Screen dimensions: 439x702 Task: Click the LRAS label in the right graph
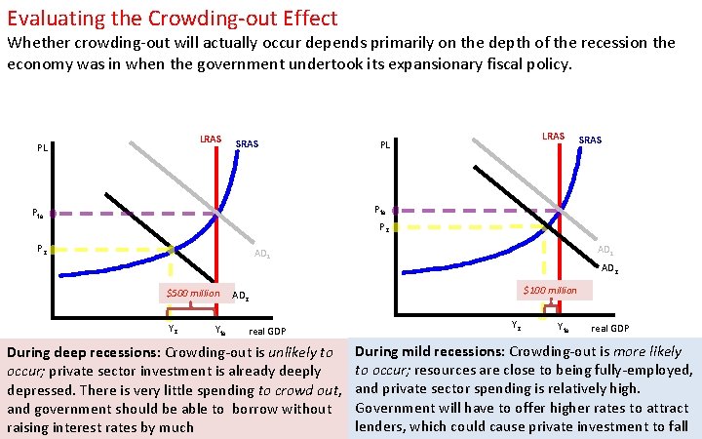[x=553, y=135]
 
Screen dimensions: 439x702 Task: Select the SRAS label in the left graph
[x=248, y=143]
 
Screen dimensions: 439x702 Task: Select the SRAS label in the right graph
[x=590, y=140]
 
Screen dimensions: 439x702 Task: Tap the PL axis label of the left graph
[x=43, y=148]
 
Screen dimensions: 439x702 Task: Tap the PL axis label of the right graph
[x=385, y=144]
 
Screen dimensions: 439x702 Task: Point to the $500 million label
[x=192, y=293]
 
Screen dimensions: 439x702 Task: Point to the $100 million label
[x=550, y=290]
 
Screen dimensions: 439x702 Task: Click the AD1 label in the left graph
[x=262, y=254]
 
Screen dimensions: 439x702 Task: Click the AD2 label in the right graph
[x=609, y=268]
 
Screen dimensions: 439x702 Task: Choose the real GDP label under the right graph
[x=610, y=329]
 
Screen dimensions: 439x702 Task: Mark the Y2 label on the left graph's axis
[x=173, y=329]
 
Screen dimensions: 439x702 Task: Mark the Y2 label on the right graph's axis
[x=517, y=324]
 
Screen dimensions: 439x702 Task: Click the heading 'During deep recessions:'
[x=84, y=352]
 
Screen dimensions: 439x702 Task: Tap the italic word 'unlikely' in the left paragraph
[x=295, y=352]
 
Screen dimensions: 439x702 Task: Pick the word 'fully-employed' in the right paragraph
[x=647, y=369]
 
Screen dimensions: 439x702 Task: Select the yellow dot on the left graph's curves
[x=171, y=250]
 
